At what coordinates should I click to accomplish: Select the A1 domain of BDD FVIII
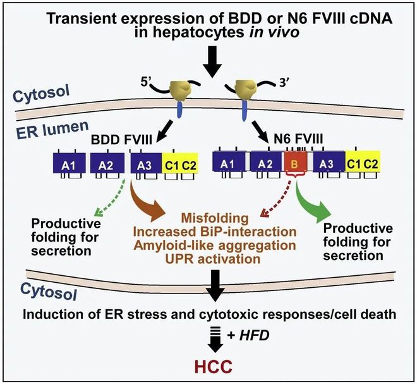pos(69,163)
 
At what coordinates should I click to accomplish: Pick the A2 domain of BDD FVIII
pos(107,163)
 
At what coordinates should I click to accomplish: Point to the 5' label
pos(145,83)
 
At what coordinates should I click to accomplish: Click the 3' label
pos(284,84)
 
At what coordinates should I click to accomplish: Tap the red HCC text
pos(214,367)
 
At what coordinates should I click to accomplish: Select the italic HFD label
pos(254,335)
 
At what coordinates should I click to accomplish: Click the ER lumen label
pos(52,130)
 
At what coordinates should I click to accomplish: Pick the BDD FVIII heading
pos(121,140)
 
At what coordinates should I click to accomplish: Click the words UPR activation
pos(213,259)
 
